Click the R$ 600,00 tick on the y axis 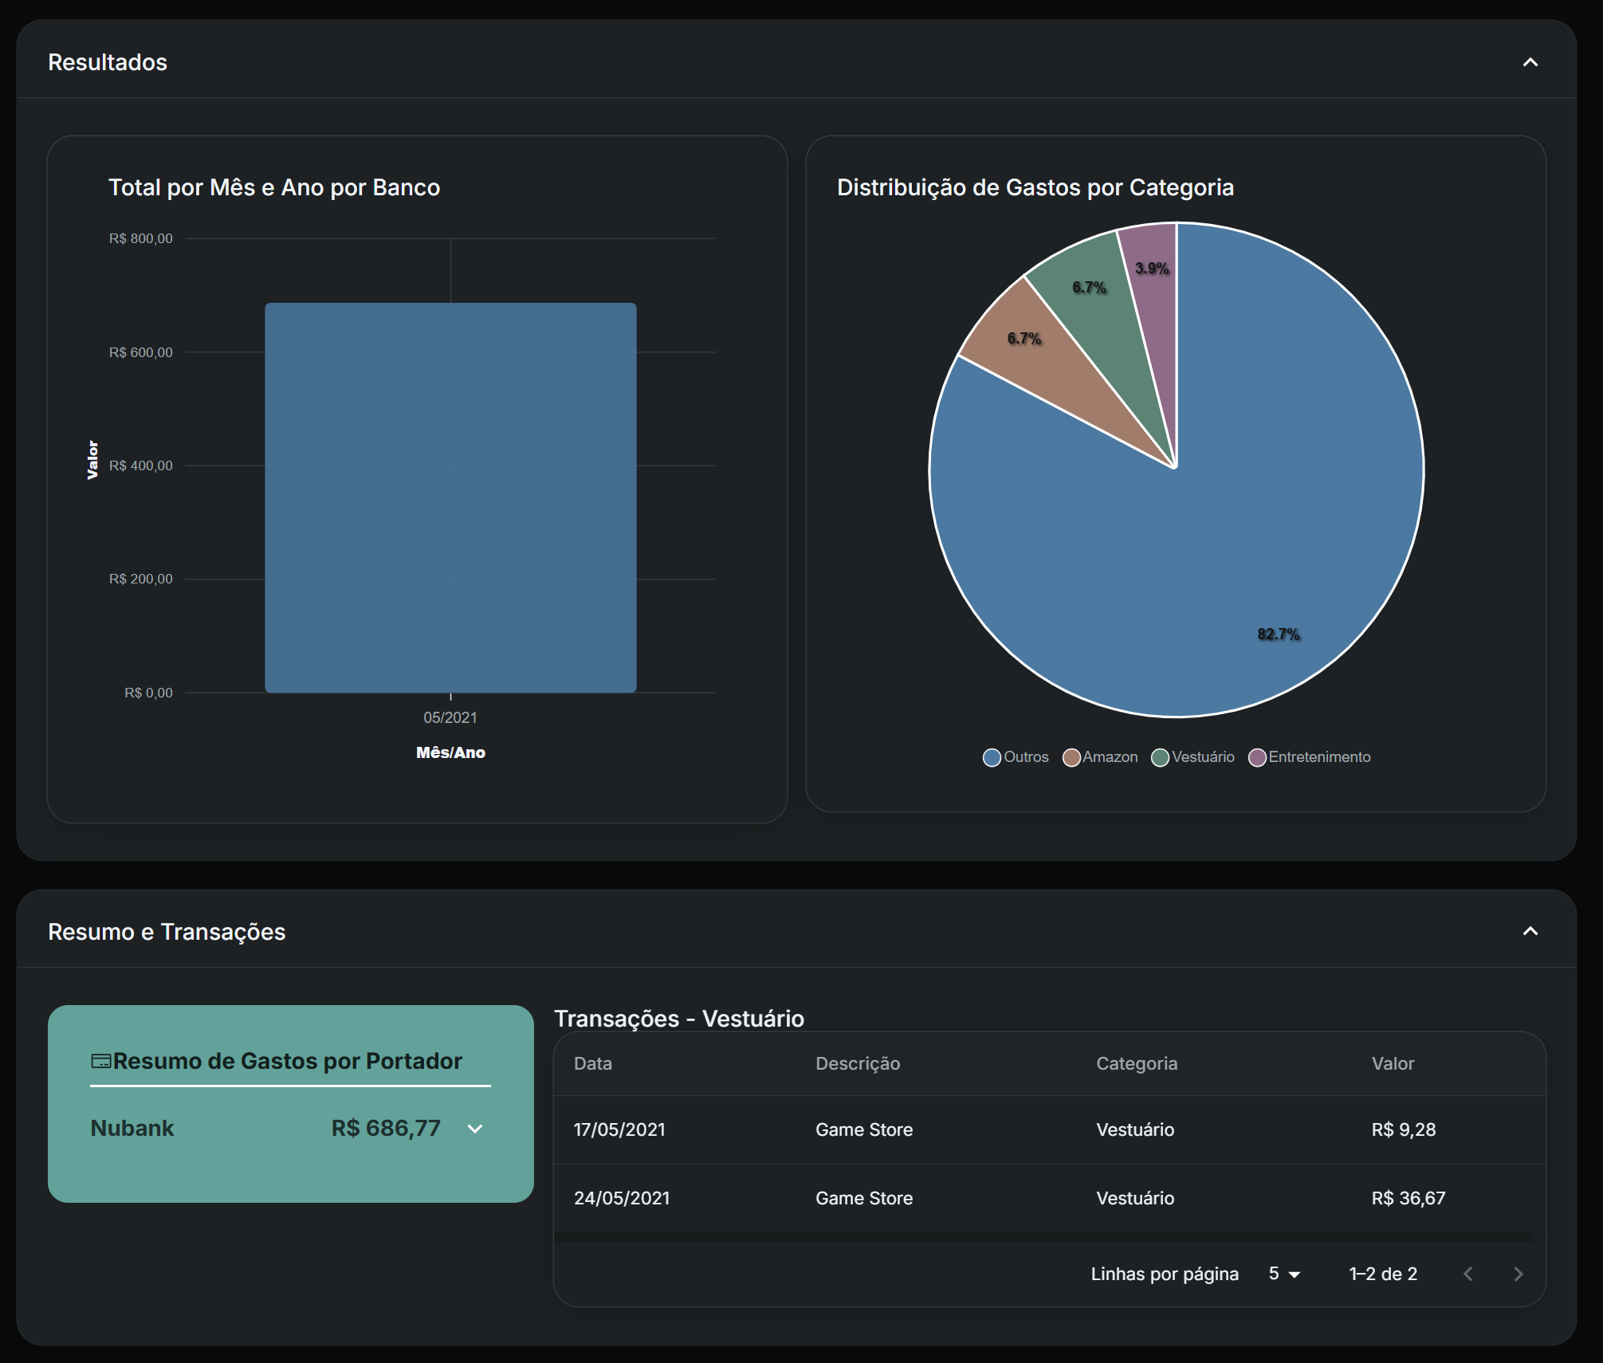(x=140, y=352)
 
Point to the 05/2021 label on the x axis (x=450, y=717)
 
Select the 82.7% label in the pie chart (x=1279, y=634)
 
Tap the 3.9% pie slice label (x=1152, y=269)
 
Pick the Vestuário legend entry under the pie (x=1193, y=757)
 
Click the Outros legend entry (x=1016, y=757)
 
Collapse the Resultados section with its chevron (x=1530, y=62)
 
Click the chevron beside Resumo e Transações (x=1530, y=931)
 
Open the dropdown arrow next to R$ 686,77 (x=475, y=1129)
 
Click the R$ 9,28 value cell (x=1403, y=1129)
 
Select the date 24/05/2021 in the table (x=622, y=1198)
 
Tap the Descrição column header (x=858, y=1063)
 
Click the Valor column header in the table (x=1393, y=1063)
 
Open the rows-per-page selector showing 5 (x=1284, y=1274)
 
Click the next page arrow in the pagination (x=1518, y=1274)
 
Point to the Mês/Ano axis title (x=450, y=752)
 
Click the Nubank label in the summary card (x=132, y=1128)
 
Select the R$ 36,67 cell (x=1408, y=1198)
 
